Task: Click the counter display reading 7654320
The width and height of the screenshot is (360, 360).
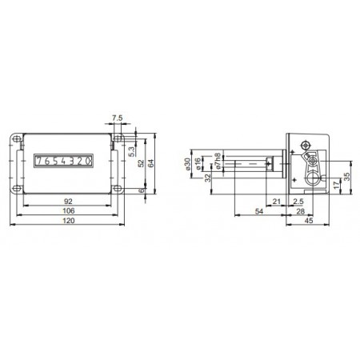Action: pyautogui.click(x=63, y=161)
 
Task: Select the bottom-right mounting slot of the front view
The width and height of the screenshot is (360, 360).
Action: pyautogui.click(x=117, y=190)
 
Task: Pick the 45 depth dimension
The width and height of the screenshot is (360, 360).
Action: pyautogui.click(x=308, y=223)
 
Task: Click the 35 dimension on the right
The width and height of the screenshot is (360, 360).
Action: pyautogui.click(x=346, y=176)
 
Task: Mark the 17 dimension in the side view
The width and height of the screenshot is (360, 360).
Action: pyautogui.click(x=336, y=184)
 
